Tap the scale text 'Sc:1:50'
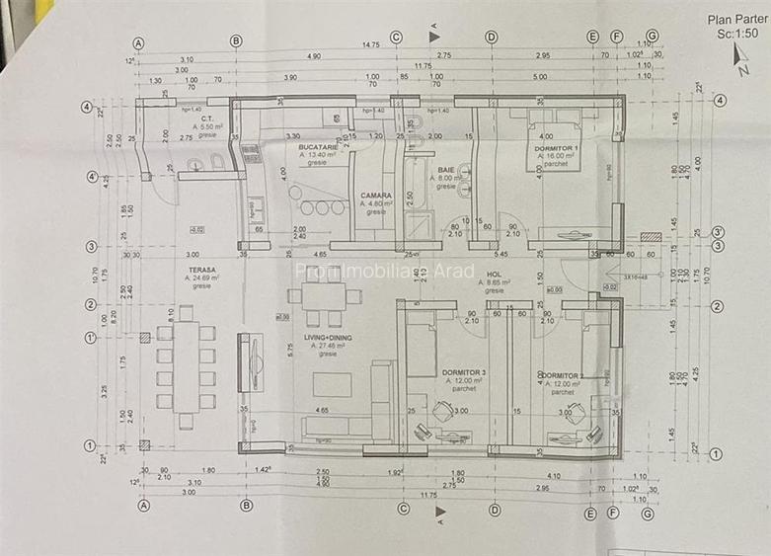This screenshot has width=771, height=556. (737, 33)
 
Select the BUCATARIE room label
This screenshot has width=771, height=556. (318, 147)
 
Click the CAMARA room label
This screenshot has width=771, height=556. (376, 196)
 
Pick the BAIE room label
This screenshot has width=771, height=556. (446, 170)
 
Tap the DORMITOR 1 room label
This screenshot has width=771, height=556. (556, 148)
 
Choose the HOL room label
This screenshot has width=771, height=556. (494, 276)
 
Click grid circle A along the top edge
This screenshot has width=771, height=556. (138, 41)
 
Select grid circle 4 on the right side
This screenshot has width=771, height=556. (720, 100)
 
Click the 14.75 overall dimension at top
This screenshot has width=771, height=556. (370, 44)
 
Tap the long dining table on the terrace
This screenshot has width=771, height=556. (185, 364)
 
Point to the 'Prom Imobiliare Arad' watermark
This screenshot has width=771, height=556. (385, 271)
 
